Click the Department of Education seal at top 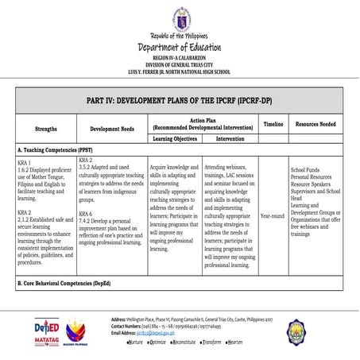pyautogui.click(x=180, y=17)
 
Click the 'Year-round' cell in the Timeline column pyautogui.click(x=273, y=215)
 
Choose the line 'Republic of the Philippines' pyautogui.click(x=180, y=37)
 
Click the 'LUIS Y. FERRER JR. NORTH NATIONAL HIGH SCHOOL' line pyautogui.click(x=180, y=71)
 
